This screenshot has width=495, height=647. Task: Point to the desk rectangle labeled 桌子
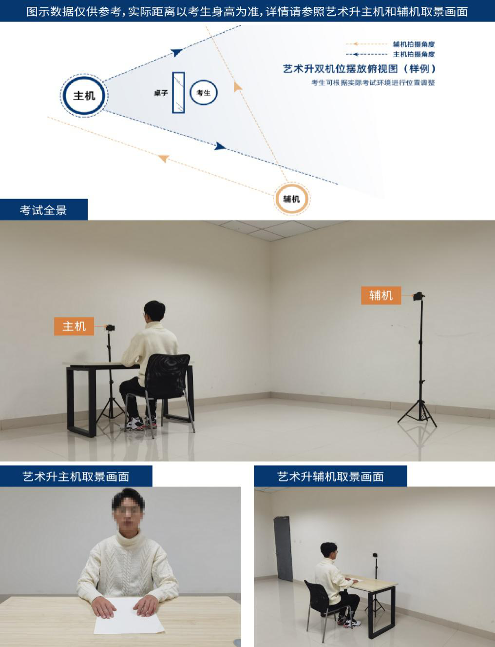[x=178, y=93]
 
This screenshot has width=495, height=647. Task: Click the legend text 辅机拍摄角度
[x=414, y=44]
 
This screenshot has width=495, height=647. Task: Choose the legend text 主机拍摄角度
[x=414, y=55]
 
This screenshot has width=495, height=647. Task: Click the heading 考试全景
[x=43, y=210]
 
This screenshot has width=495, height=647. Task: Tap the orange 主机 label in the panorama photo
[x=74, y=326]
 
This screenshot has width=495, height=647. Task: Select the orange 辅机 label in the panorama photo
[x=381, y=295]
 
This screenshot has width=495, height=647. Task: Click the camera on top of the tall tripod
[x=419, y=296]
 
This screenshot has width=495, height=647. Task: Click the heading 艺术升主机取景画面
[x=76, y=477]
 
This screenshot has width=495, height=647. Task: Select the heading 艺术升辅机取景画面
[x=330, y=477]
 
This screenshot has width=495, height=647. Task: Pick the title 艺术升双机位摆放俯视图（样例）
[x=360, y=69]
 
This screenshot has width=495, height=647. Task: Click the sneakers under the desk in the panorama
[x=141, y=422]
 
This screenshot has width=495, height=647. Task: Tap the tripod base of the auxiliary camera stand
[x=418, y=413]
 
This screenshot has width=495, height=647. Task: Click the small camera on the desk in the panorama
[x=110, y=328]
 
